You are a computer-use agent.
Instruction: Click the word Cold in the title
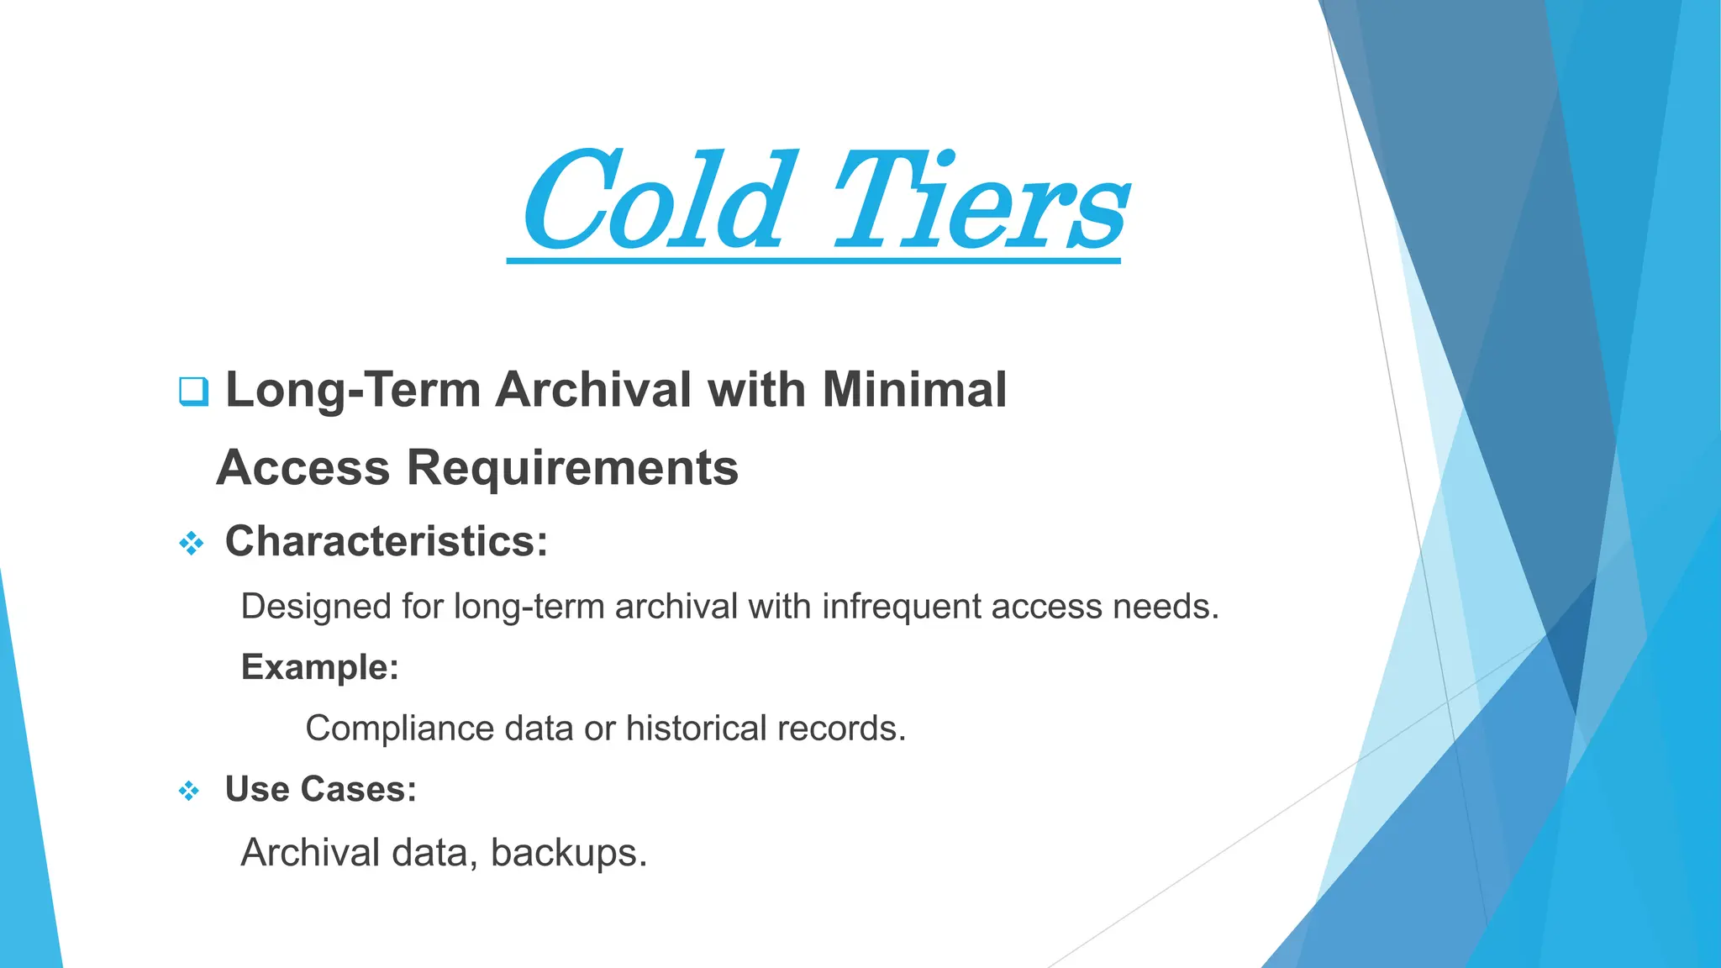(x=655, y=202)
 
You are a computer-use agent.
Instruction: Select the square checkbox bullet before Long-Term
(x=193, y=392)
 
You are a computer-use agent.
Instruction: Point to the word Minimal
(x=914, y=390)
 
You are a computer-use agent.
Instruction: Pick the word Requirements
(x=572, y=467)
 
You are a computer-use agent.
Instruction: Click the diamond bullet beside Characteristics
(x=192, y=543)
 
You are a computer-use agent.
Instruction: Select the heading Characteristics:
(x=387, y=541)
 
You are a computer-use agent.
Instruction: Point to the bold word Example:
(x=320, y=667)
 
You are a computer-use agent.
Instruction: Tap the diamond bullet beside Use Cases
(x=189, y=791)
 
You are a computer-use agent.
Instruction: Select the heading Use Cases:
(x=321, y=790)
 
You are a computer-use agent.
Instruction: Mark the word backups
(x=568, y=853)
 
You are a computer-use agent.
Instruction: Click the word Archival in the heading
(x=593, y=391)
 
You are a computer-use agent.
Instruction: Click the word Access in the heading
(x=303, y=467)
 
